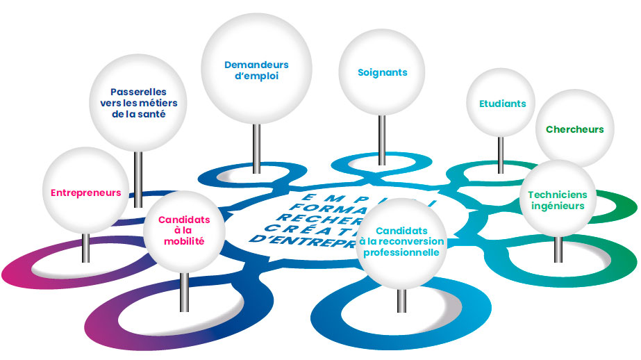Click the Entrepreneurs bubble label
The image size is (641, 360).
click(85, 193)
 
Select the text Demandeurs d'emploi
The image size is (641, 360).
click(256, 70)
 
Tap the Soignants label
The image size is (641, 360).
click(382, 72)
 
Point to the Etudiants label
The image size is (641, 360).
click(502, 104)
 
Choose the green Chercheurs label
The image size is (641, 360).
click(574, 129)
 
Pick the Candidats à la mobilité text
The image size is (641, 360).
click(184, 231)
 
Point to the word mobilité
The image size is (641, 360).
click(184, 242)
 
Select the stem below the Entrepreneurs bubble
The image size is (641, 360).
click(85, 247)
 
